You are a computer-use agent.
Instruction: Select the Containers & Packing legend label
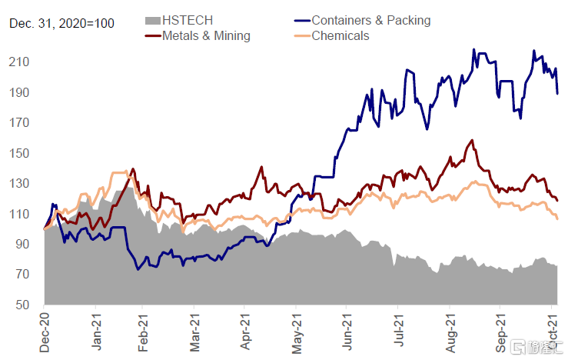[x=370, y=21]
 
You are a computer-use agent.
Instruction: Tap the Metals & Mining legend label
[x=205, y=35]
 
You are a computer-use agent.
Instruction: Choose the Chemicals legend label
[x=340, y=35]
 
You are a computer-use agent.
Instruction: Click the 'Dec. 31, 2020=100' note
[x=62, y=24]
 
